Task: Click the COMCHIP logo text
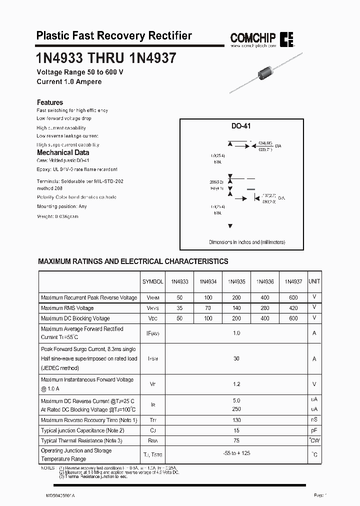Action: (x=252, y=37)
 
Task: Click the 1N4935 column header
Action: (x=236, y=281)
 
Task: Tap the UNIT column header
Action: (x=314, y=281)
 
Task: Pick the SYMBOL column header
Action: (x=153, y=281)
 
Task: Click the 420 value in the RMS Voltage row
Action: (x=293, y=308)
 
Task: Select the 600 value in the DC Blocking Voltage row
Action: (x=293, y=318)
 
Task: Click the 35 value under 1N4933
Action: (x=179, y=308)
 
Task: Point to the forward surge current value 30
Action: (x=236, y=358)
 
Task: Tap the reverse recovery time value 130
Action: (x=236, y=420)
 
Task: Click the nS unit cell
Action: (x=314, y=420)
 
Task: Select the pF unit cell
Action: (x=314, y=430)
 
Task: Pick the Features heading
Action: (x=50, y=102)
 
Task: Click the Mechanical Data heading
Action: (x=63, y=152)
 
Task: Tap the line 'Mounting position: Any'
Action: (x=62, y=206)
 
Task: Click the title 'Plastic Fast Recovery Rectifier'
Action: (x=114, y=35)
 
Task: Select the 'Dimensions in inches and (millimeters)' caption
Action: (x=247, y=242)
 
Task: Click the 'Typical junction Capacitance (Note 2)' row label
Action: (x=82, y=430)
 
